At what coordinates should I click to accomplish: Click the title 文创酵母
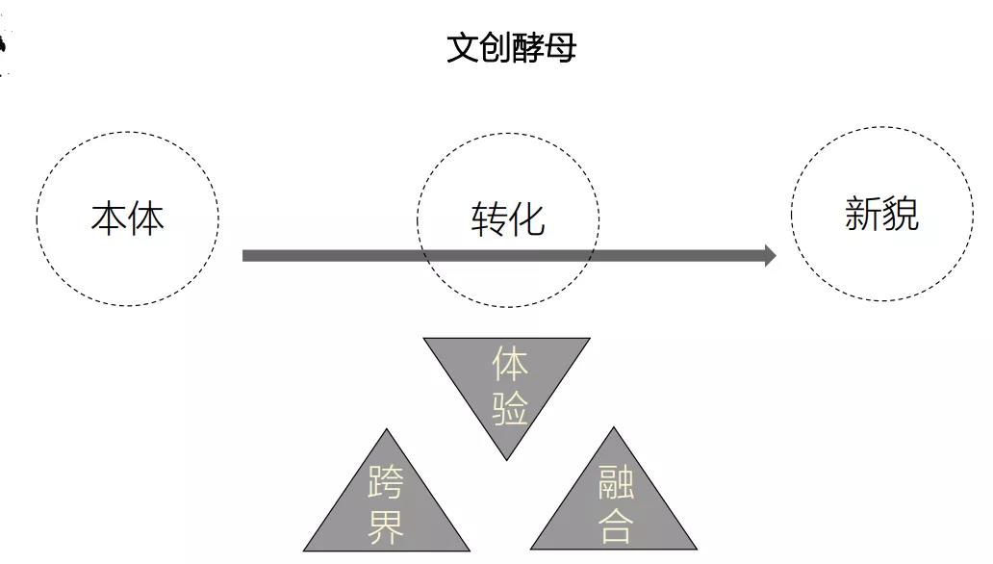click(x=512, y=48)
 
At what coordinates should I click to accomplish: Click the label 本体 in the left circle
click(x=128, y=218)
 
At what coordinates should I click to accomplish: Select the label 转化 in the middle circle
click(x=508, y=219)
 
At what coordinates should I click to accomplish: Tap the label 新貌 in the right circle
click(x=881, y=214)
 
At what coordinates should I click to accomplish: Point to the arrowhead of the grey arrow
click(x=770, y=255)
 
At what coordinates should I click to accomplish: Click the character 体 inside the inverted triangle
click(x=510, y=364)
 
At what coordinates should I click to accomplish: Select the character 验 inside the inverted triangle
click(x=510, y=408)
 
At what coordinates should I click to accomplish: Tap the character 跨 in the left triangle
click(x=386, y=481)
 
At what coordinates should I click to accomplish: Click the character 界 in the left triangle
click(x=386, y=526)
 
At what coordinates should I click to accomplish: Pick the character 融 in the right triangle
click(x=616, y=481)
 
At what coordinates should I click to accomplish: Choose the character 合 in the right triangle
click(x=616, y=526)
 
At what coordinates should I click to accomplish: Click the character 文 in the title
click(x=463, y=48)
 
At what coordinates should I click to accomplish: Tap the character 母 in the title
click(x=561, y=48)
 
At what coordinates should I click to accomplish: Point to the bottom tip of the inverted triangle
click(x=507, y=460)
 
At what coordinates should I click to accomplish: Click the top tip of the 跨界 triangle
click(x=386, y=429)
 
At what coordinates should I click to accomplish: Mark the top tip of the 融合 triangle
click(x=613, y=427)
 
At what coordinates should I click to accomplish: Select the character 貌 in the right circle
click(x=901, y=214)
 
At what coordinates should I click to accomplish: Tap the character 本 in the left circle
click(x=109, y=218)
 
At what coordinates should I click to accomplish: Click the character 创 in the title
click(x=496, y=48)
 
